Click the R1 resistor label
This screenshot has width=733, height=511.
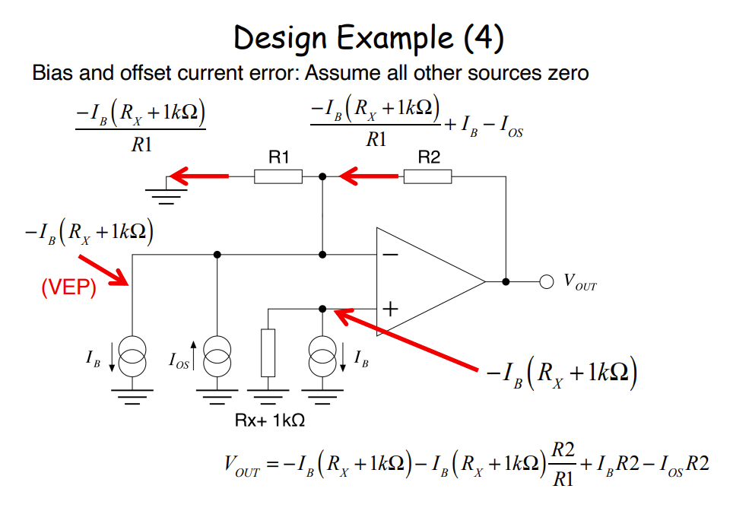click(278, 157)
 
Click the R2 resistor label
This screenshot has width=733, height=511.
click(428, 157)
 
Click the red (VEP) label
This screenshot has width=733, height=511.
click(68, 287)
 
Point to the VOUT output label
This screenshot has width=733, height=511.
click(579, 283)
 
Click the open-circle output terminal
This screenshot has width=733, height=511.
click(545, 281)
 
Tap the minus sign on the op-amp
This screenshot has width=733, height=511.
click(389, 255)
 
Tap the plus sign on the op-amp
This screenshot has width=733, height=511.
click(389, 309)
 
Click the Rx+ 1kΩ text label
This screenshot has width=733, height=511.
click(271, 419)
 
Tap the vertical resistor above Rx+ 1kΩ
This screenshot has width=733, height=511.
click(267, 354)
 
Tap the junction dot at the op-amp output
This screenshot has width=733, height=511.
click(506, 281)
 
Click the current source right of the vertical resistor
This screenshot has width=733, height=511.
click(322, 355)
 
